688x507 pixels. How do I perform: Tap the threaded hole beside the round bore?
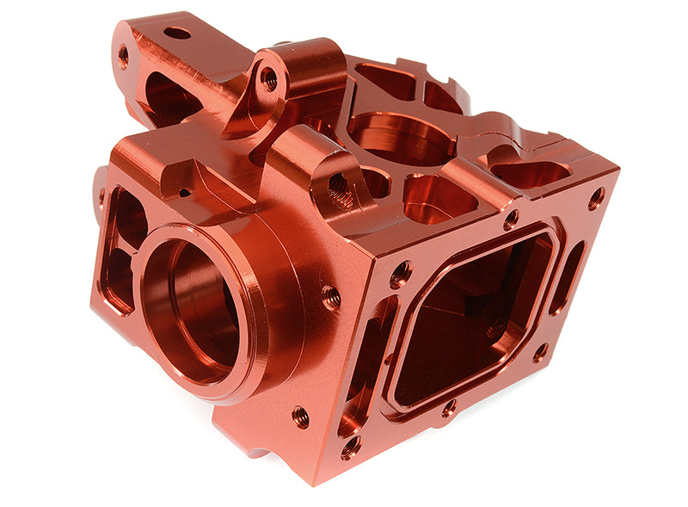coord(330,298)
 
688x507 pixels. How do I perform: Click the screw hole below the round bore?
coord(300,417)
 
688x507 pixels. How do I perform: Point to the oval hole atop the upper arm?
coord(177,34)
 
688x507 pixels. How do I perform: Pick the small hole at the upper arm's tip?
coord(123,57)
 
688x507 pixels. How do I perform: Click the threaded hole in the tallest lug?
coord(269,80)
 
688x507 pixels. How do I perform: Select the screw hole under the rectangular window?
coord(449,408)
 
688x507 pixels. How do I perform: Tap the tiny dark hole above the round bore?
coord(183,191)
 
